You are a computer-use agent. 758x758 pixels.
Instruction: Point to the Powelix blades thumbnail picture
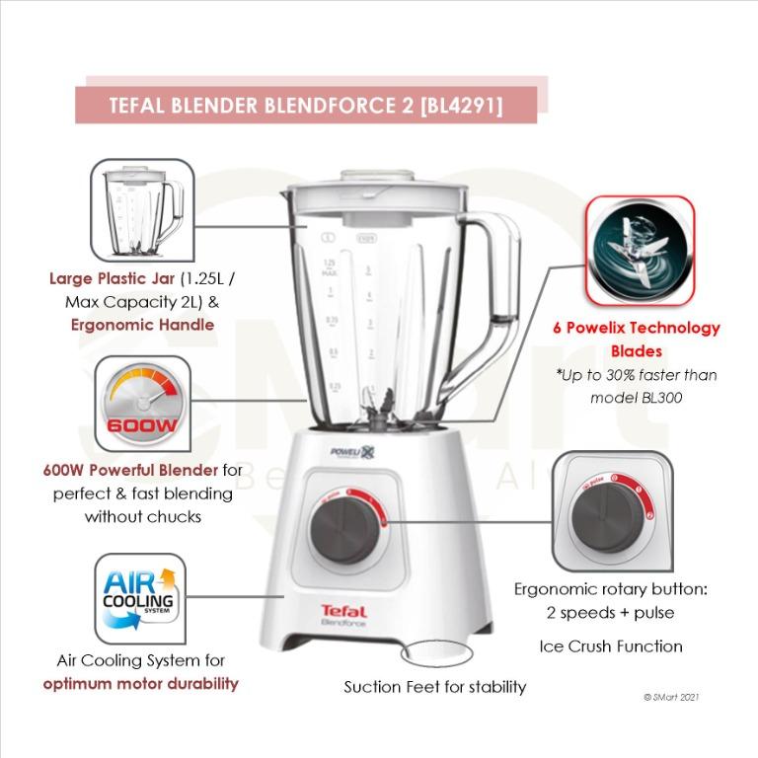click(640, 250)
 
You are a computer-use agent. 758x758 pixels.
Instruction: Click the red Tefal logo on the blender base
click(343, 611)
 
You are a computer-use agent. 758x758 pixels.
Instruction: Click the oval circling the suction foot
click(433, 653)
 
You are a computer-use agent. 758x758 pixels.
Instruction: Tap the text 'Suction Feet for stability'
click(434, 686)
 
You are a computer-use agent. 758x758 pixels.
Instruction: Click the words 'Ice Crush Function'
click(610, 646)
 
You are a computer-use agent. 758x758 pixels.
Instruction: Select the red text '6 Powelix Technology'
click(636, 328)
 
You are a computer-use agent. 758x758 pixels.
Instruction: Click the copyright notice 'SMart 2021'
click(671, 696)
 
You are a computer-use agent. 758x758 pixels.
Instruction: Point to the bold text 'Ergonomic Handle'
click(142, 324)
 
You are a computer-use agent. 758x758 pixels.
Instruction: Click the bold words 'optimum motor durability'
click(140, 683)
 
